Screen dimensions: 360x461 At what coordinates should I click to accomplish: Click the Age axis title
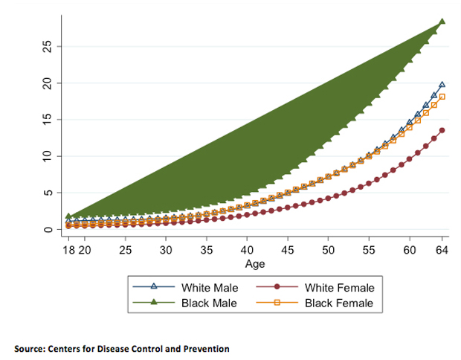(x=254, y=264)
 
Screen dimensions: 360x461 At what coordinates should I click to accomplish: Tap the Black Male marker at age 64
(x=442, y=22)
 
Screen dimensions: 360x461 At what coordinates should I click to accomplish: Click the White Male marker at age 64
(x=442, y=86)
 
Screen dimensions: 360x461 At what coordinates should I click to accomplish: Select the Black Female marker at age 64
(x=442, y=97)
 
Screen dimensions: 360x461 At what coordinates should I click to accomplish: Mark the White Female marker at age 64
(x=442, y=130)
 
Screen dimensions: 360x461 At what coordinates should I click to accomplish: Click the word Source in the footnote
(x=30, y=348)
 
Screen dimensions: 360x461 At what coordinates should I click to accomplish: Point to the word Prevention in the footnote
(x=206, y=348)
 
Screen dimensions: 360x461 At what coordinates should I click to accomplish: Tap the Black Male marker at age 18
(x=68, y=216)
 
